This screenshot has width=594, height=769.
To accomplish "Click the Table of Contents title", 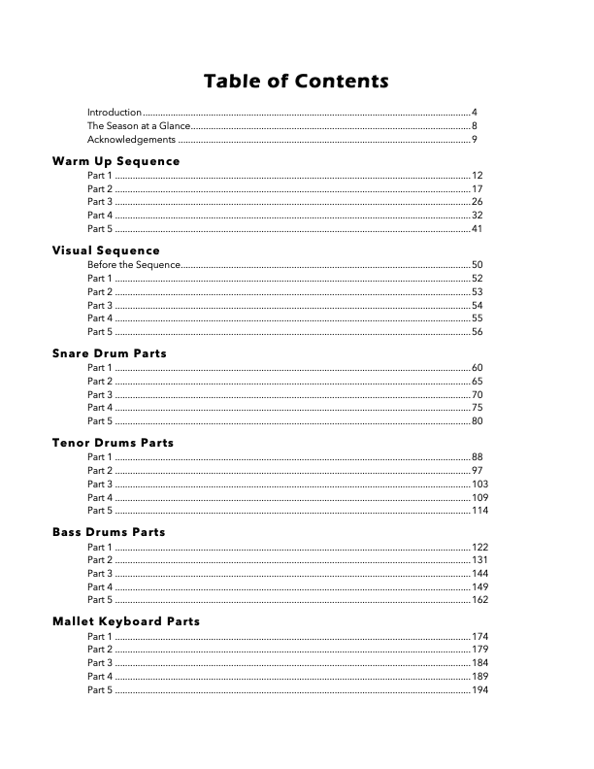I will point(296,81).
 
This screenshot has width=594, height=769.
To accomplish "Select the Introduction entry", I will point(115,113).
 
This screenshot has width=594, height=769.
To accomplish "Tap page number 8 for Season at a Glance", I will point(474,126).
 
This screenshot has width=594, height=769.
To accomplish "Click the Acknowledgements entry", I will point(131,140).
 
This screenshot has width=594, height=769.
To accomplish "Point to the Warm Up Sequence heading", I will point(115,160).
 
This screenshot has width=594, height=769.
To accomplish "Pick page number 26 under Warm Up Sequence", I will point(477,202).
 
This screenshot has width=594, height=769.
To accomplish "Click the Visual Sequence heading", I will point(106,251).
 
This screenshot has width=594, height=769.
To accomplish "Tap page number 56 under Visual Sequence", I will point(477,332).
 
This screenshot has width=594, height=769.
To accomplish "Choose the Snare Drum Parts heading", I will point(109,353).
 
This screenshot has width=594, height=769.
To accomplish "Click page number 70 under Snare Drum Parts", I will point(477,395).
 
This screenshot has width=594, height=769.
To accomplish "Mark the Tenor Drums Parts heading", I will point(113,443).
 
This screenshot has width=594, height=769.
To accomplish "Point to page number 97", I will point(477,471).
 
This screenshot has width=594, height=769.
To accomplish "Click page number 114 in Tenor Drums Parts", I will point(479,511).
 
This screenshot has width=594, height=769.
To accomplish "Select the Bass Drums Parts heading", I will point(109,532).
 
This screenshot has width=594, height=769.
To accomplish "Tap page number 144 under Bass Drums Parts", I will point(479,574).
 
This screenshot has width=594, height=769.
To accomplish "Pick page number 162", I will point(479,600).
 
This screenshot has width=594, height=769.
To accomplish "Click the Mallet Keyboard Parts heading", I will point(126,621).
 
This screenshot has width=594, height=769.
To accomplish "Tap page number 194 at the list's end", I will point(479,689).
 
